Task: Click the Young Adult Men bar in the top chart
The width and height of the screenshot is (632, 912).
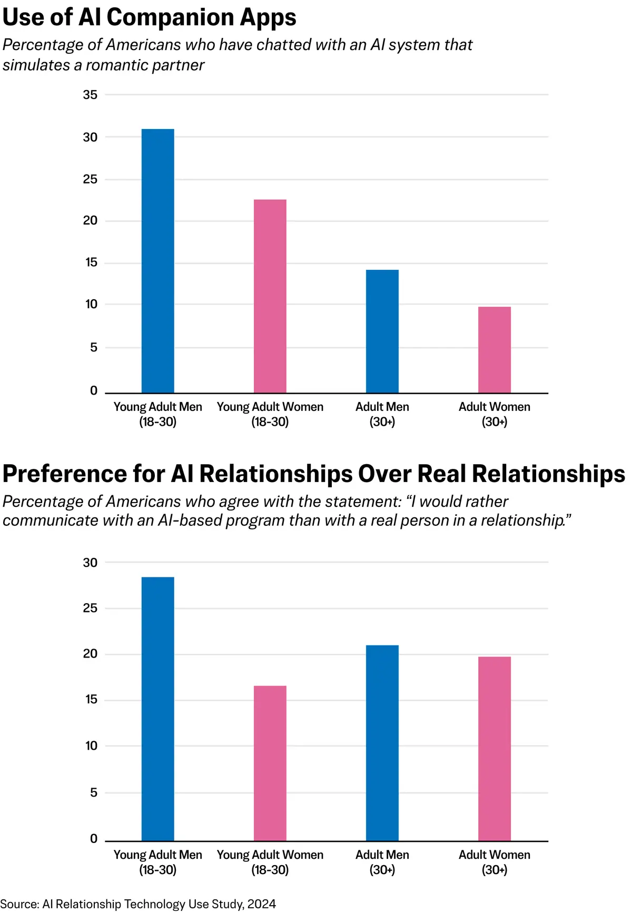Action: point(157,261)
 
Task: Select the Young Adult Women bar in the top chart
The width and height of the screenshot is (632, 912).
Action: point(270,296)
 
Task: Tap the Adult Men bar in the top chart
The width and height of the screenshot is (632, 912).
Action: point(382,331)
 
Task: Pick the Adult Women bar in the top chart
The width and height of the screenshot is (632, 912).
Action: point(494,350)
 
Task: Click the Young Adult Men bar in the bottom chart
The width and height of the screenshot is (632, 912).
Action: point(157,709)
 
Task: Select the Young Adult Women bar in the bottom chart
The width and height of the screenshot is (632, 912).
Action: point(270,763)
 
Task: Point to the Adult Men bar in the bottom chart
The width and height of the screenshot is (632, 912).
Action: point(382,743)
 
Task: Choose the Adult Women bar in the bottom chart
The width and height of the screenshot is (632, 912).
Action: point(494,749)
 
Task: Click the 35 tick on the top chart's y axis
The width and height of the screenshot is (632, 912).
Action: point(90,95)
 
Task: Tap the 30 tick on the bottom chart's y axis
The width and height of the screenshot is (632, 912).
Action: point(90,563)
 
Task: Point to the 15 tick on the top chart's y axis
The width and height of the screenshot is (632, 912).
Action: point(91,262)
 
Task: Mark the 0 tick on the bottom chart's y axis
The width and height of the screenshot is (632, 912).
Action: point(94,839)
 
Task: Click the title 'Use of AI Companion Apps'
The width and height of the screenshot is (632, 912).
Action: point(149,17)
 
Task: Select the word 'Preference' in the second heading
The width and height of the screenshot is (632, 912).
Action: point(64,474)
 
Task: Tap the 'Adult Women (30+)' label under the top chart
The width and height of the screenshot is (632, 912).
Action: point(494,414)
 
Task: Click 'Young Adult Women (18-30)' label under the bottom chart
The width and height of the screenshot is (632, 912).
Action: point(270,862)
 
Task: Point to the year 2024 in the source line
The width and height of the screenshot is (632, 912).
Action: point(261,904)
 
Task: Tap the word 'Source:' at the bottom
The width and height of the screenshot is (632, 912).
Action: point(20,904)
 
